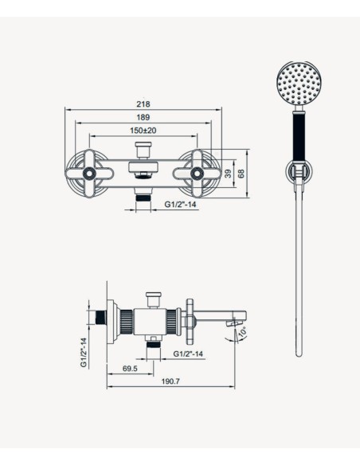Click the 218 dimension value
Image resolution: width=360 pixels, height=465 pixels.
point(143,104)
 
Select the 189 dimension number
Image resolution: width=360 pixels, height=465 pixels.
point(143,117)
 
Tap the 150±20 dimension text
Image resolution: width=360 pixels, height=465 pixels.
point(143,131)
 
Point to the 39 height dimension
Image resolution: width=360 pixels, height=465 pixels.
point(228,174)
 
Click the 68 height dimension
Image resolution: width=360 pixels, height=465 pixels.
point(241,174)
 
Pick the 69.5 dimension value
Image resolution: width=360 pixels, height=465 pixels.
point(130,369)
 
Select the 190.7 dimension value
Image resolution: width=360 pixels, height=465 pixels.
point(170,381)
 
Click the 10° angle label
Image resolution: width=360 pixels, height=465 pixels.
point(243,332)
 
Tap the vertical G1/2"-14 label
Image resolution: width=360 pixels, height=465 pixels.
point(84,352)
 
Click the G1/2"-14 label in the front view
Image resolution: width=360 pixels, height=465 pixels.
point(180,205)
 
